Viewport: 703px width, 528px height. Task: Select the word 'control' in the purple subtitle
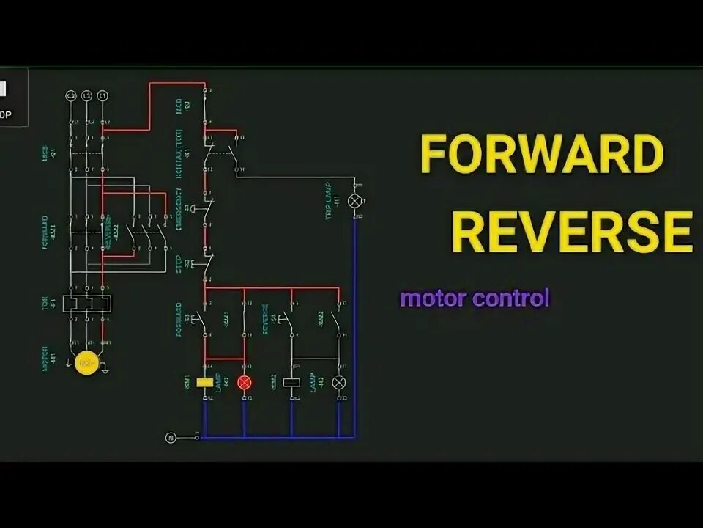(x=512, y=299)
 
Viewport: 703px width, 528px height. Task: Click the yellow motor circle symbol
(x=87, y=363)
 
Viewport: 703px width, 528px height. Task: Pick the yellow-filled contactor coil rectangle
(x=206, y=382)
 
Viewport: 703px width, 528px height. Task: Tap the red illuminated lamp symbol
(x=245, y=382)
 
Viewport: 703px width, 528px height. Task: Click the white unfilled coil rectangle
(x=291, y=382)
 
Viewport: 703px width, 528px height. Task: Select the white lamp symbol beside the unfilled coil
(x=339, y=382)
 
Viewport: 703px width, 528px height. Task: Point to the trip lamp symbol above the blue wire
(x=356, y=200)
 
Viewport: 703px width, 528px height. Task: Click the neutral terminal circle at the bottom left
(x=170, y=438)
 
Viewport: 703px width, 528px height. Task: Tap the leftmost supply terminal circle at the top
(x=71, y=96)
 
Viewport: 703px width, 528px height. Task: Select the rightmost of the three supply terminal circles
(x=103, y=96)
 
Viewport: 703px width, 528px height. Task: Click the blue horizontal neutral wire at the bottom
(x=278, y=438)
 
